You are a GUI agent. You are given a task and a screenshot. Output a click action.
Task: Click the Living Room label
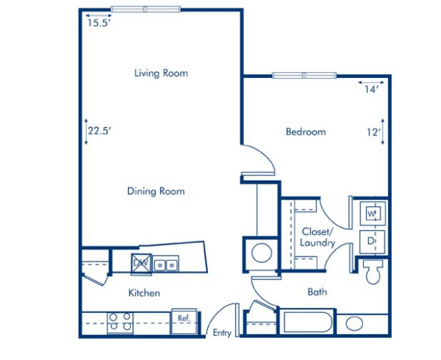pyautogui.click(x=161, y=73)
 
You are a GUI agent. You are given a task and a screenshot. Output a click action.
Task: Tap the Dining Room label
pyautogui.click(x=155, y=191)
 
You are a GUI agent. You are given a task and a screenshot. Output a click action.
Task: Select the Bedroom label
pyautogui.click(x=305, y=132)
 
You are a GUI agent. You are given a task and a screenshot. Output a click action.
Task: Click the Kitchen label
pyautogui.click(x=144, y=292)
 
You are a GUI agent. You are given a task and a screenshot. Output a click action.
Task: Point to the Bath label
pyautogui.click(x=317, y=292)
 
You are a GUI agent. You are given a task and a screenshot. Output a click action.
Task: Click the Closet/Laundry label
pyautogui.click(x=318, y=237)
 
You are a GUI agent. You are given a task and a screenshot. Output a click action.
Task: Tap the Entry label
pyautogui.click(x=222, y=333)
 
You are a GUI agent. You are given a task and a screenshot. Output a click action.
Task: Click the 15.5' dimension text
pyautogui.click(x=99, y=23)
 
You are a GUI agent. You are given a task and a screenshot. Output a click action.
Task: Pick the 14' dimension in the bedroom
pyautogui.click(x=371, y=90)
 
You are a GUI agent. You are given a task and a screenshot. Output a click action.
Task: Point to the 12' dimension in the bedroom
pyautogui.click(x=373, y=132)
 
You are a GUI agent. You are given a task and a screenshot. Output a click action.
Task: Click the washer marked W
pyautogui.click(x=372, y=214)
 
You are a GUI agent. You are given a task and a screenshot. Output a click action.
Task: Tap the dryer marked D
pyautogui.click(x=372, y=240)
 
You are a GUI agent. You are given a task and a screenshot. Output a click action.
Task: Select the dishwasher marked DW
pyautogui.click(x=140, y=262)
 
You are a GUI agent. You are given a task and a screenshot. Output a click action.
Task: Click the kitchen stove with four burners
pyautogui.click(x=120, y=321)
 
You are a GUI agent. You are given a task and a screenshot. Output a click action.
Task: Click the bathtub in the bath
pyautogui.click(x=306, y=323)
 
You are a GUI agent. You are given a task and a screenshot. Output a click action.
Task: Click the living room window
pyautogui.click(x=145, y=10)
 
